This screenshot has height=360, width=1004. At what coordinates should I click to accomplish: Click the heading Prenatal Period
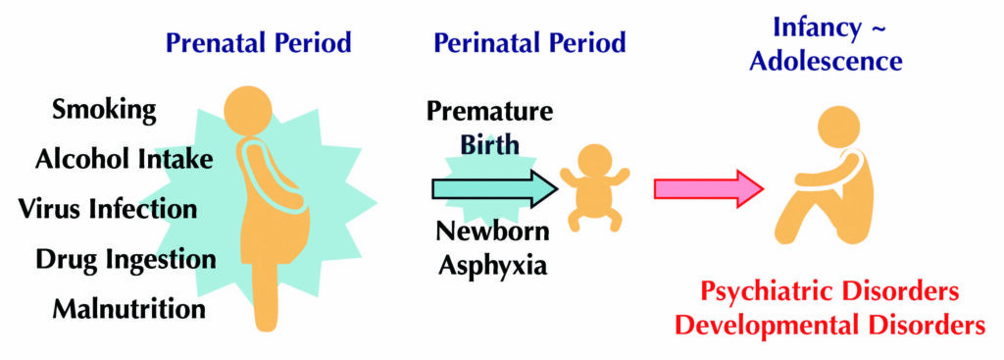[x=259, y=43]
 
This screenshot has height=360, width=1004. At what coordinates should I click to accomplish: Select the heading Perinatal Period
[x=529, y=43]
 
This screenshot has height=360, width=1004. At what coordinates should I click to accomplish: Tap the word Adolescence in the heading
[x=826, y=62]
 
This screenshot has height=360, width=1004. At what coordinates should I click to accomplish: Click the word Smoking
[x=104, y=110]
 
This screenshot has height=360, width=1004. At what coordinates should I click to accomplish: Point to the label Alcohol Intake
[x=124, y=158]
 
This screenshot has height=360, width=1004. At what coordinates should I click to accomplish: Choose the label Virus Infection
[x=108, y=208]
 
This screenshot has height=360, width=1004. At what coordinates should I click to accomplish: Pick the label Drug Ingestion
[x=125, y=259]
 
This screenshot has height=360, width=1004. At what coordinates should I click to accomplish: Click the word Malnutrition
[x=129, y=309]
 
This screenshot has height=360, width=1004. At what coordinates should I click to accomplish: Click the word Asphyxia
[x=493, y=265]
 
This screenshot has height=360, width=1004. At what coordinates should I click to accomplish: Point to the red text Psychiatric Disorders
[x=829, y=291]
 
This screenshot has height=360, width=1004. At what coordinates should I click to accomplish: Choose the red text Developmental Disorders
[x=830, y=325]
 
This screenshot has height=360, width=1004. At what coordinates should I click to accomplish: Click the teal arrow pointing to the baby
[x=494, y=189]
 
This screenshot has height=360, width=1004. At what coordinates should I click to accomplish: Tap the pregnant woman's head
[x=248, y=110]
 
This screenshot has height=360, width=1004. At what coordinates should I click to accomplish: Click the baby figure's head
[x=595, y=163]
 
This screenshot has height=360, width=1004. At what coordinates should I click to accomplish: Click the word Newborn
[x=493, y=231]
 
